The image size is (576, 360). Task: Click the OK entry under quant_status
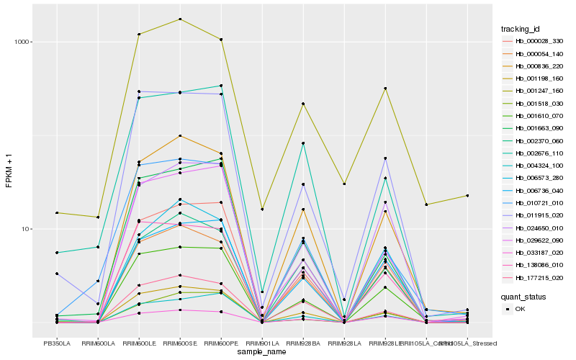click(524, 309)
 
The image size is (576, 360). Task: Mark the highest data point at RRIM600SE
click(180, 19)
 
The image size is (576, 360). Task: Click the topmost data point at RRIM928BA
click(303, 104)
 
